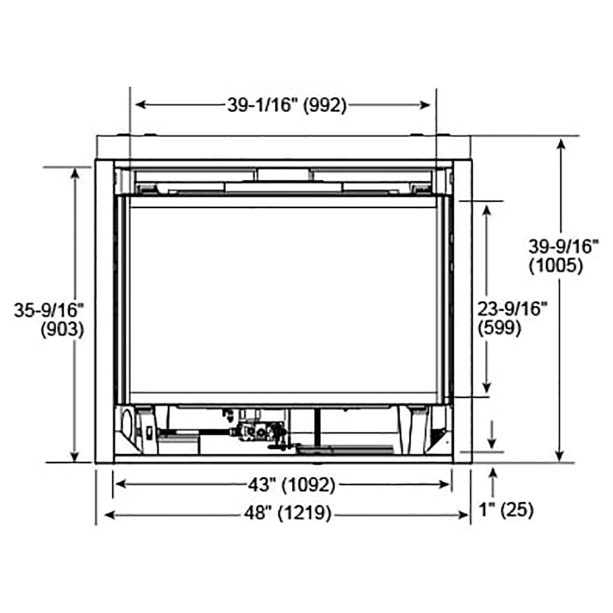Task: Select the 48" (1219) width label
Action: [x=287, y=514]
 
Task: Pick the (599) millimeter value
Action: [x=500, y=328]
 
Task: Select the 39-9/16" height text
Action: [x=563, y=247]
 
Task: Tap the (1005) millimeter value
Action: [x=555, y=265]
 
